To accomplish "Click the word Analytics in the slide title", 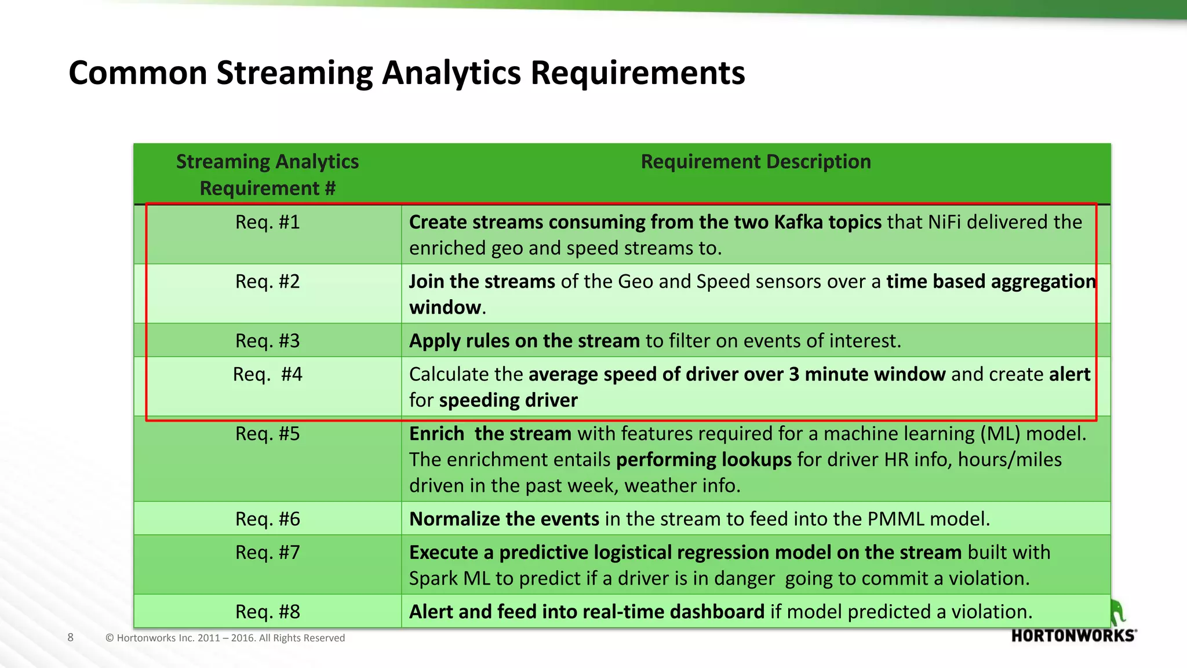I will [x=451, y=74].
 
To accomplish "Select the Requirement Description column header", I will [x=755, y=162].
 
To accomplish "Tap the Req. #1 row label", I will [x=267, y=222].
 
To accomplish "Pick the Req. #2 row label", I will [x=267, y=281].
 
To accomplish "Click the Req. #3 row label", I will [x=267, y=340].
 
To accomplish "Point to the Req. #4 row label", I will [x=267, y=374].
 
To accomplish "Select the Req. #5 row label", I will [x=267, y=434].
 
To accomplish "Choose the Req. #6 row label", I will [x=267, y=519].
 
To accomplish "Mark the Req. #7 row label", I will [x=267, y=553].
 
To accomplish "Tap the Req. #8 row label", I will [x=267, y=612].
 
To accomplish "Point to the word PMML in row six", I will [x=895, y=519].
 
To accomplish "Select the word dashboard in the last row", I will [x=717, y=612].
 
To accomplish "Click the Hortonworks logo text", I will [x=1073, y=636].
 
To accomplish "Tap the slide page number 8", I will [x=71, y=637].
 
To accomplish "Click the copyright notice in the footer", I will [x=225, y=638].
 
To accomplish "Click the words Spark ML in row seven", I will [x=449, y=579].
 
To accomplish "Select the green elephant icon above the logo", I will [x=1117, y=612].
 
